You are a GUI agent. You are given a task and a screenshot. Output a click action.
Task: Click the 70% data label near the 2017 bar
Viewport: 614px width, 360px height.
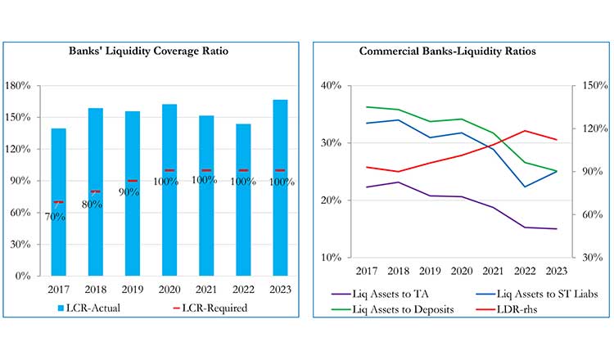[56, 217]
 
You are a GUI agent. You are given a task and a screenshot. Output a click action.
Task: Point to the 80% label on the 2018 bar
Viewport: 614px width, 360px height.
[92, 205]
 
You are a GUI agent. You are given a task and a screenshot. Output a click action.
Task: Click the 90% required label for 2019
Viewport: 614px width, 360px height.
[129, 192]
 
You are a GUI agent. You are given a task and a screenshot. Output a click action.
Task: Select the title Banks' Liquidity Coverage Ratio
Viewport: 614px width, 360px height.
[147, 52]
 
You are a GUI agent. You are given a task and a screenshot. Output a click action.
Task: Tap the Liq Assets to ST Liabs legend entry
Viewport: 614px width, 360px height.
[530, 293]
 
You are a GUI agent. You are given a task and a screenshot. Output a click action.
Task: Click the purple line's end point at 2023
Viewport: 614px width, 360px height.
[557, 229]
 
